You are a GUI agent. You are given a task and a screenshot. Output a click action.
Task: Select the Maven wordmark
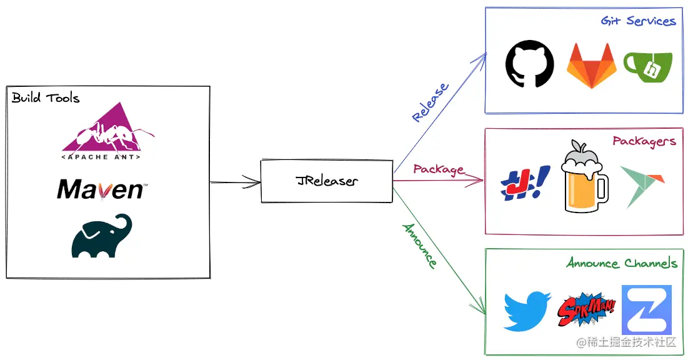102,189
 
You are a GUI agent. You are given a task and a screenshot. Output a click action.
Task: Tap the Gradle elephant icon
102,236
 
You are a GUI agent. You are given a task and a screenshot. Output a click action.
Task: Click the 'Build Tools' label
46,98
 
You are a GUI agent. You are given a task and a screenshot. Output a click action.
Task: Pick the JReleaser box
326,181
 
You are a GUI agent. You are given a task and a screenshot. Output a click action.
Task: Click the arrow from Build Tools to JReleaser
235,182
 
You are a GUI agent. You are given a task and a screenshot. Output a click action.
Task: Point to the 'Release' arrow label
430,102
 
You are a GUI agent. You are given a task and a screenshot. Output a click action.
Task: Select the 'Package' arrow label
438,169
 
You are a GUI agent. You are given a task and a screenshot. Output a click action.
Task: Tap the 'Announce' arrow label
419,246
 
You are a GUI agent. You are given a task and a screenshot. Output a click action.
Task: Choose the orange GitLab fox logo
591,66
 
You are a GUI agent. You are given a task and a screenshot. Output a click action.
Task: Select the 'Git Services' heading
638,21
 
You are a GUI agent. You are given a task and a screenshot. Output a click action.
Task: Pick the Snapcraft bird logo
642,186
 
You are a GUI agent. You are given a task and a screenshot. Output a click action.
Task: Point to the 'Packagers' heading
644,141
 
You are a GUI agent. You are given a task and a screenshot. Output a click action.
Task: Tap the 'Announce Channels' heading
621,262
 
